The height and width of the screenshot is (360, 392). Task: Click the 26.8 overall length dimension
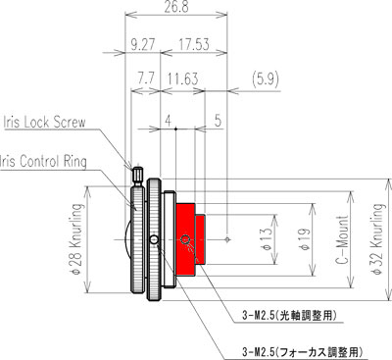176,6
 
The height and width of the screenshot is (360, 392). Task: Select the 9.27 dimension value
142,44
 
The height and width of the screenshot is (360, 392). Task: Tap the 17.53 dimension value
193,44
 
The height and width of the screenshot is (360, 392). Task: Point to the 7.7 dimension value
145,78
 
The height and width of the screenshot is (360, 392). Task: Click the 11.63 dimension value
183,78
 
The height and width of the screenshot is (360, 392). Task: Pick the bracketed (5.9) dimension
266,78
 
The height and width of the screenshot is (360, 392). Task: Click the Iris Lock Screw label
44,122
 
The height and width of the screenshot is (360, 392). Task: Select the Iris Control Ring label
43,162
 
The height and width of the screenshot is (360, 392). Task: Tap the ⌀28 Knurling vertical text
75,238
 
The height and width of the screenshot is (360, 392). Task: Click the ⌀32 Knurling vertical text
377,239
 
